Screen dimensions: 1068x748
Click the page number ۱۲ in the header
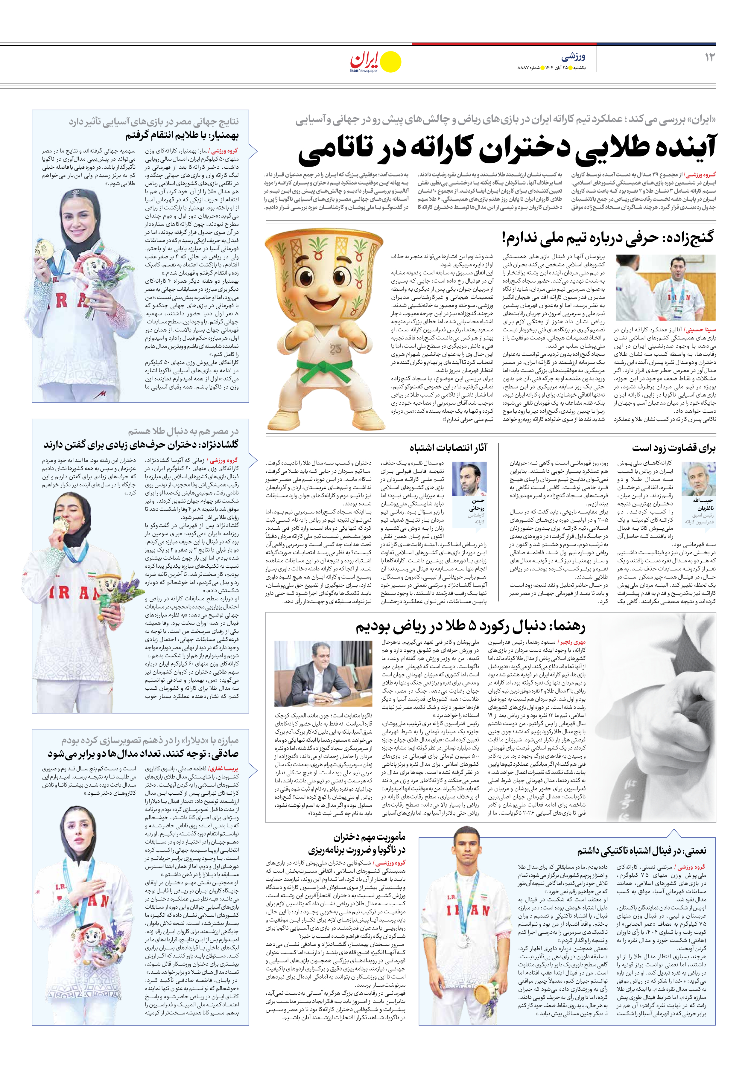click(709, 57)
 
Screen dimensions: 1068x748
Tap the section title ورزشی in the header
click(573, 57)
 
